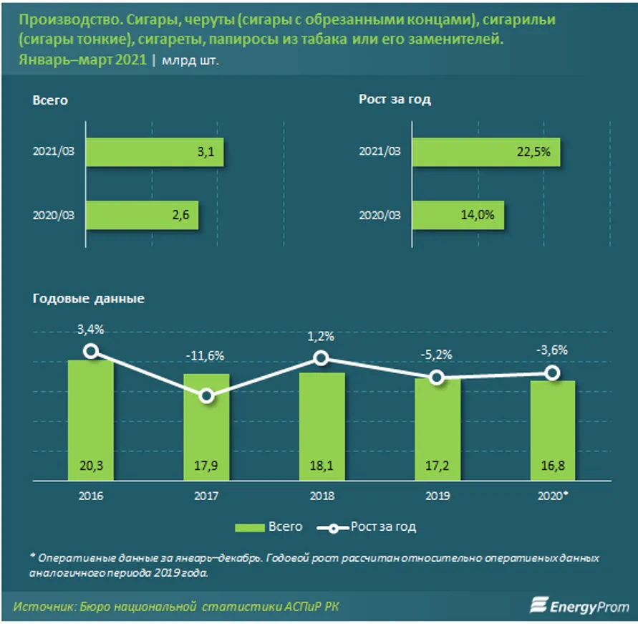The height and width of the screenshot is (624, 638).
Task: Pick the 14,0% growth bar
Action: pyautogui.click(x=458, y=213)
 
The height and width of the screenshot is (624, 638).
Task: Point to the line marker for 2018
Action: pyautogui.click(x=322, y=358)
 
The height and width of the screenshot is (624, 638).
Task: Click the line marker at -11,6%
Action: pyautogui.click(x=206, y=396)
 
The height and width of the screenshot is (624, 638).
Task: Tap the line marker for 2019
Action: pyautogui.click(x=437, y=378)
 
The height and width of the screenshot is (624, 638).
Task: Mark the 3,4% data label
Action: pyautogui.click(x=90, y=329)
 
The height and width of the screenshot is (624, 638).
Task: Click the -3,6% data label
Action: pyautogui.click(x=552, y=350)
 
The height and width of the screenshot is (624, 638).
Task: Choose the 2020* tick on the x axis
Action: pyautogui.click(x=554, y=495)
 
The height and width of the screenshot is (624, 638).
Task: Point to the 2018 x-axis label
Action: pyautogui.click(x=322, y=495)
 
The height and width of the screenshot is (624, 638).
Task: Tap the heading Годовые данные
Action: pyautogui.click(x=89, y=298)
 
